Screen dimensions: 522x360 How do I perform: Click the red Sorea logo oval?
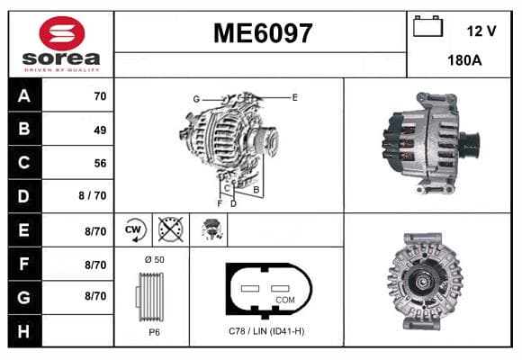click(62, 33)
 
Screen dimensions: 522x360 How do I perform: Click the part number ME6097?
click(263, 33)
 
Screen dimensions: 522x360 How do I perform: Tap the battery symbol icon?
click(427, 26)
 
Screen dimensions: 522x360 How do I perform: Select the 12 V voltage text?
click(481, 31)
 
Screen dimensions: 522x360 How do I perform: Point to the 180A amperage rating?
click(464, 60)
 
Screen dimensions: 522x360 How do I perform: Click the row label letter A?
click(24, 96)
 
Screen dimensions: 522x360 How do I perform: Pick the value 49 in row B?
click(100, 130)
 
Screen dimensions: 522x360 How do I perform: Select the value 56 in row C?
click(100, 163)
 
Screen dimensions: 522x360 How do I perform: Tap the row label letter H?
click(23, 331)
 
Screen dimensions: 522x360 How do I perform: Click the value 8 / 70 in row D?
click(93, 195)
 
